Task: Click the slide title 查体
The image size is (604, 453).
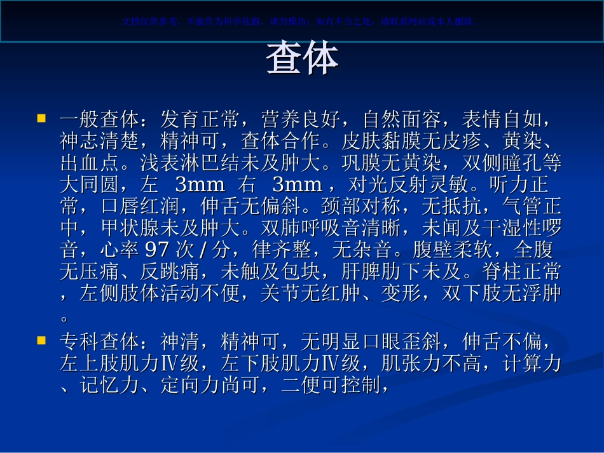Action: [302, 60]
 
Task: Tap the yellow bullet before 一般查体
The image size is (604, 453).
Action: [41, 118]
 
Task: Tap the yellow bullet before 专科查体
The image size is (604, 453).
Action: [41, 341]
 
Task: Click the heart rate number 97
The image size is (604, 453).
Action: [157, 248]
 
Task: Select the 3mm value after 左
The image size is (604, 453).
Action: [200, 185]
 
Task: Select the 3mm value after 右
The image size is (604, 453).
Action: [297, 185]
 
